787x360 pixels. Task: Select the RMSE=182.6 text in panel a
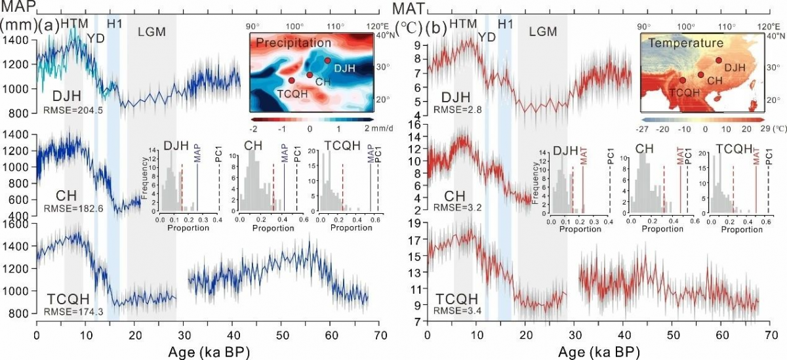[73, 209]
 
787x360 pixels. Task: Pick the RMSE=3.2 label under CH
[459, 209]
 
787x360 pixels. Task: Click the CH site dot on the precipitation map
[310, 75]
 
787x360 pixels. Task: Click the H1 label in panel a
[115, 24]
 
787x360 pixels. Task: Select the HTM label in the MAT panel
[464, 24]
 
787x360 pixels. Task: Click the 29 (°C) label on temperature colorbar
[761, 129]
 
